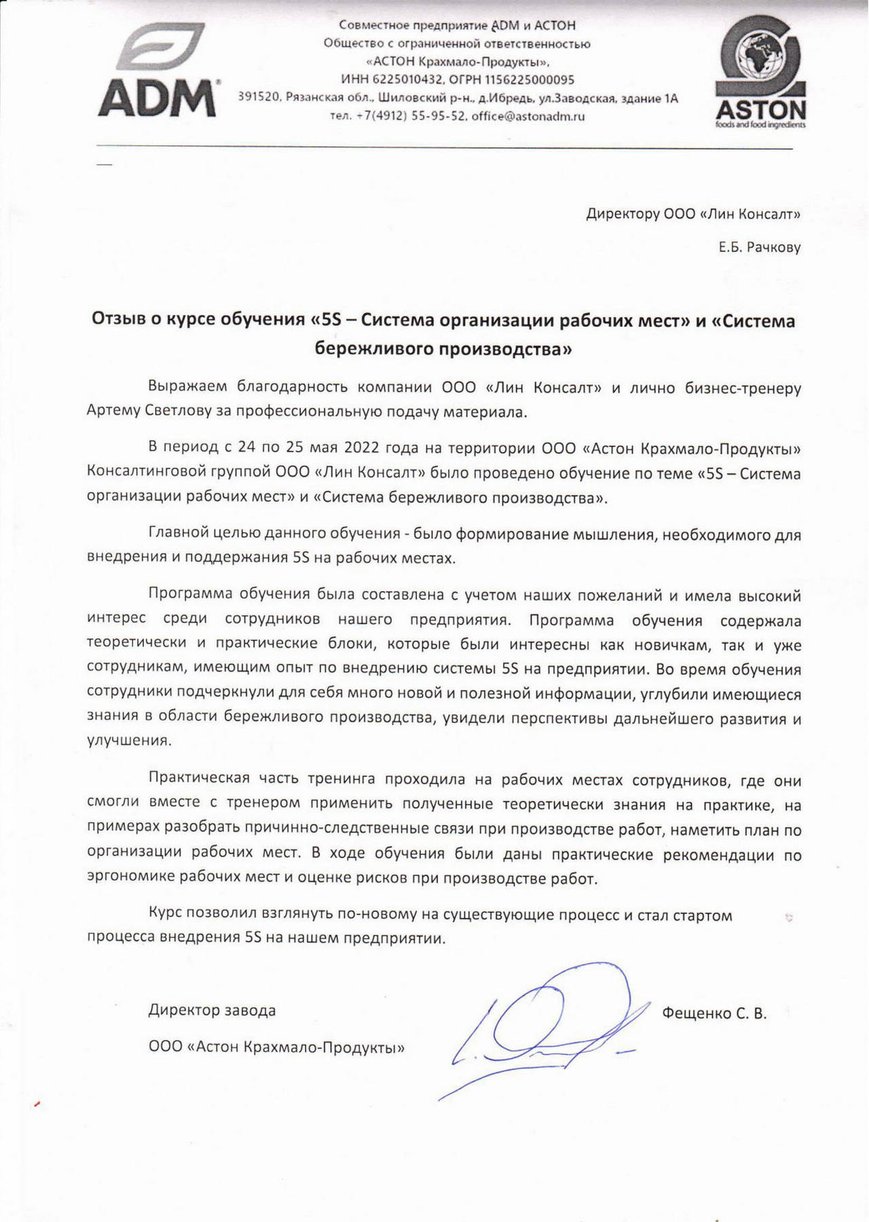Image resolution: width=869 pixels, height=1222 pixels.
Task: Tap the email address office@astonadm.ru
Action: [x=528, y=116]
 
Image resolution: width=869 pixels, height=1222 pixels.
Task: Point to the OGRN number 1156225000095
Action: [x=529, y=79]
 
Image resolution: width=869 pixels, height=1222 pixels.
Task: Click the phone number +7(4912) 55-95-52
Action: [x=409, y=116]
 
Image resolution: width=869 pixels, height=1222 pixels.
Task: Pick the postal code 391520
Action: [x=259, y=98]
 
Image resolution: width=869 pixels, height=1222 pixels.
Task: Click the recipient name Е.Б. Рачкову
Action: [x=760, y=247]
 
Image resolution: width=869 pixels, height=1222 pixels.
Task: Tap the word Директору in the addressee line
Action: [x=623, y=215]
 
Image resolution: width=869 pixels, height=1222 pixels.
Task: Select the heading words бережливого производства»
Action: [x=443, y=349]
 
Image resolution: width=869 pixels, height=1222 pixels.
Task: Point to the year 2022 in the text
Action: [x=362, y=448]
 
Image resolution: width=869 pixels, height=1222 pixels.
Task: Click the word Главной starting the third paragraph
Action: [x=177, y=534]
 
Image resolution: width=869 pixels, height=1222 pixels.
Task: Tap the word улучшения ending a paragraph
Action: [x=129, y=741]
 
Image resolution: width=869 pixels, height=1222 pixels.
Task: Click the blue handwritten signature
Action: [x=536, y=1025]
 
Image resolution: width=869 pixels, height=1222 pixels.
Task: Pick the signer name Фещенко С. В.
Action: [x=714, y=1014]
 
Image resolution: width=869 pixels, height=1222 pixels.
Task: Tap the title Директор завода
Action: [x=212, y=1010]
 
